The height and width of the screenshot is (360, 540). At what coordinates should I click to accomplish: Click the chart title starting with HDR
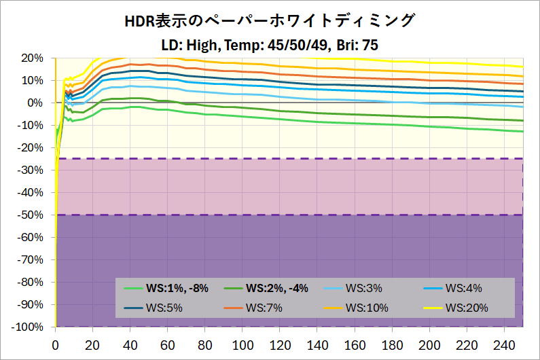coord(270,21)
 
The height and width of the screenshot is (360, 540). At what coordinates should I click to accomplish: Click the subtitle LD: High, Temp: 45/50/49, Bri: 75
coord(270,46)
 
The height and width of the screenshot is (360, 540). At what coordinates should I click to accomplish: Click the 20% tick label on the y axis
coord(32,58)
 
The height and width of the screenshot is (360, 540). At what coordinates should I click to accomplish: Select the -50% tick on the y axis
coord(30,215)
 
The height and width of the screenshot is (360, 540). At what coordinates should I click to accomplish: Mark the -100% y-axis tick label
coord(27,327)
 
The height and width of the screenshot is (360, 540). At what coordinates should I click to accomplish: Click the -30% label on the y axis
coord(30,170)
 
